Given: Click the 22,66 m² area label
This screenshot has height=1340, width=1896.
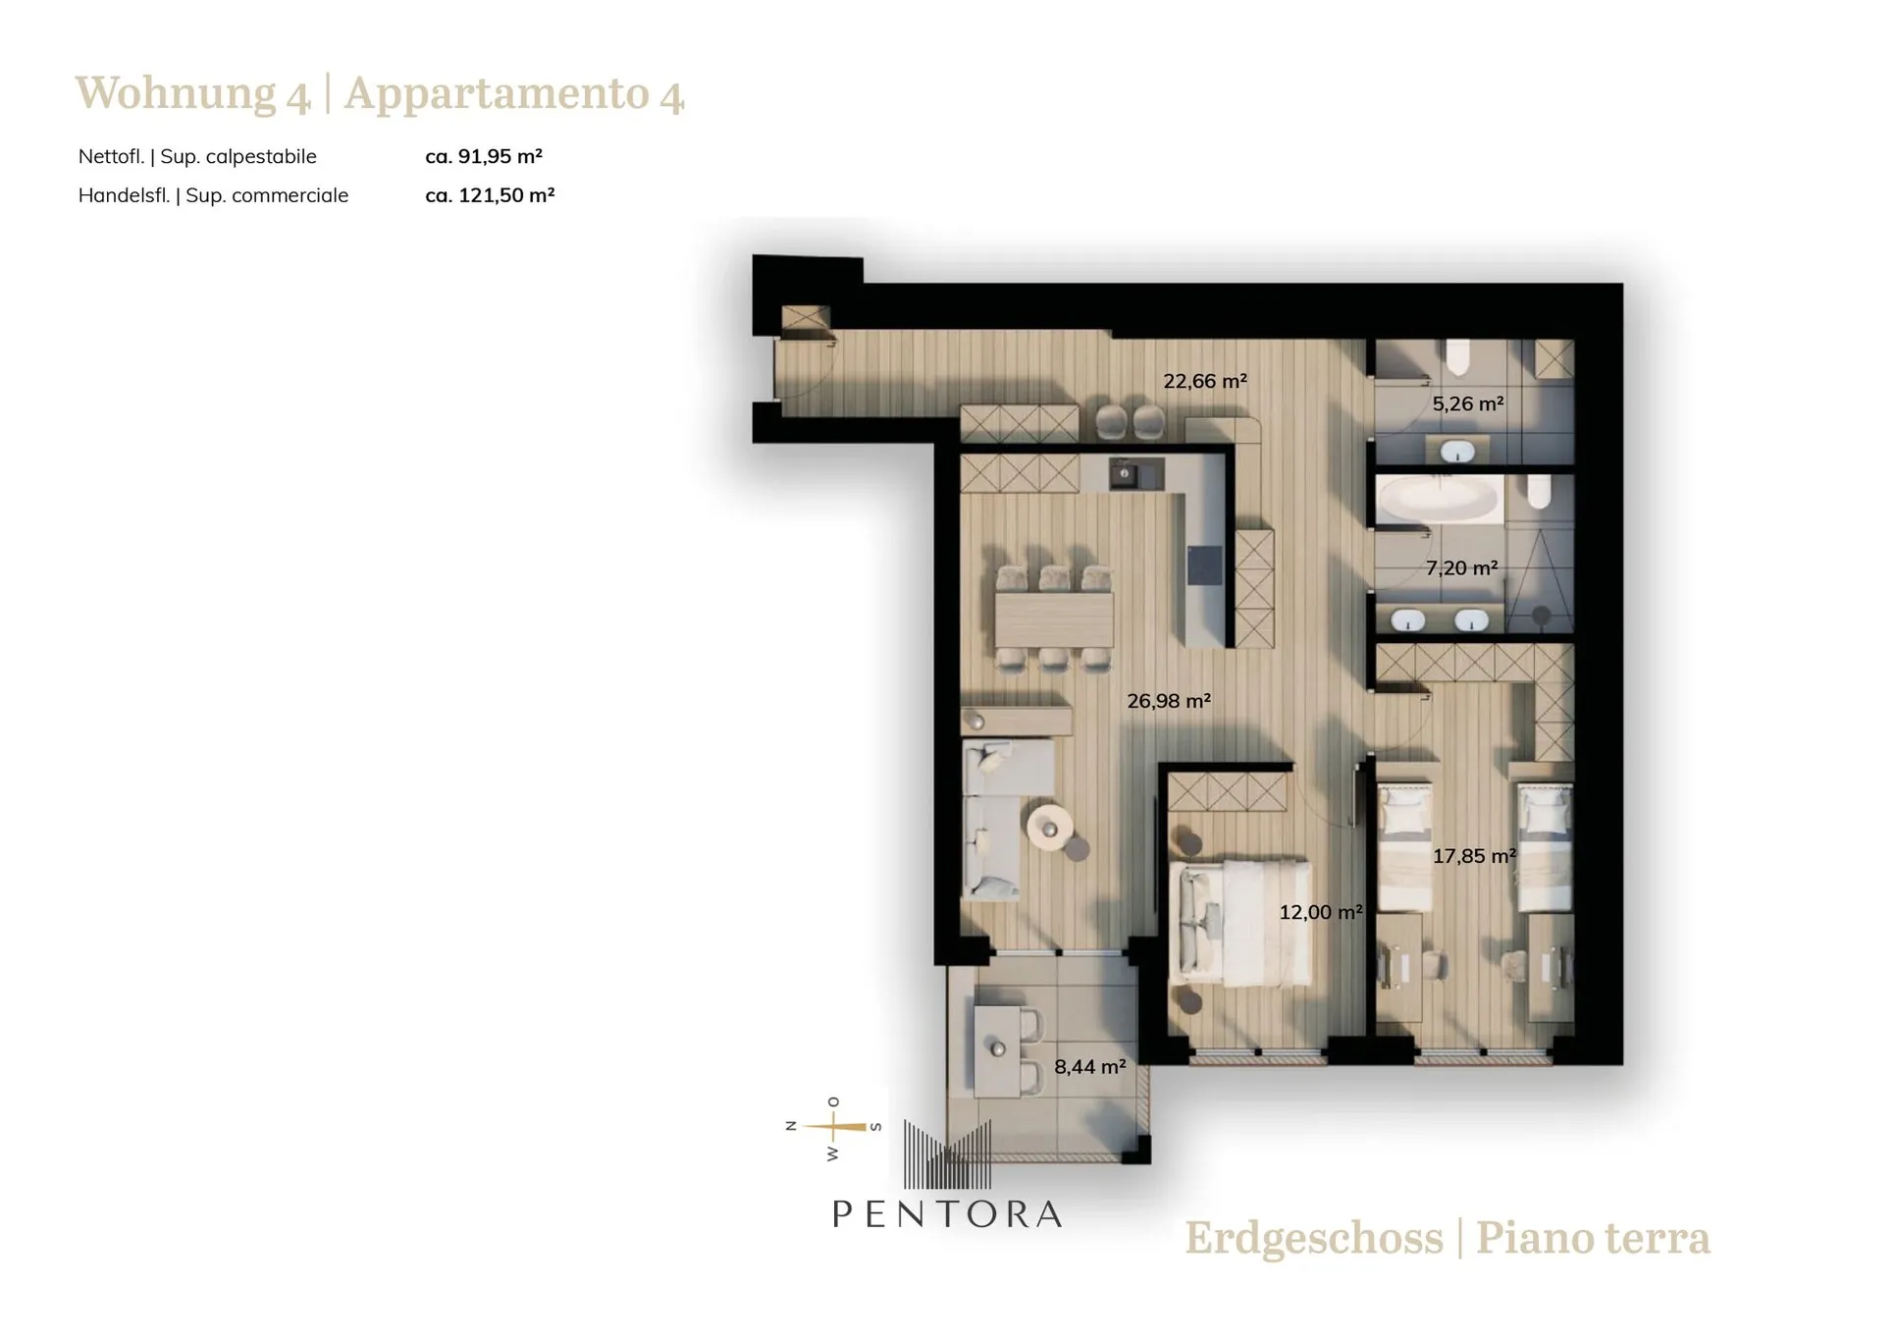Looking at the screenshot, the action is (x=1204, y=381).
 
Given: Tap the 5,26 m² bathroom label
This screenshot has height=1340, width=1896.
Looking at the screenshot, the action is (x=1467, y=403).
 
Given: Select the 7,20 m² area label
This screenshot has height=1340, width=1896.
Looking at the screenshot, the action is (x=1461, y=567).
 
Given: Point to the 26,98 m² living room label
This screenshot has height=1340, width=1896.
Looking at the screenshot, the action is (x=1168, y=701).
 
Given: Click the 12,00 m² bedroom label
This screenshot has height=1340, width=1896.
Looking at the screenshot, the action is (x=1320, y=912).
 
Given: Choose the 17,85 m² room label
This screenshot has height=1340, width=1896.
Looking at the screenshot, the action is (x=1474, y=856).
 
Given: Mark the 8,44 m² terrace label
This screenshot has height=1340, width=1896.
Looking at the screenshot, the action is (x=1089, y=1066).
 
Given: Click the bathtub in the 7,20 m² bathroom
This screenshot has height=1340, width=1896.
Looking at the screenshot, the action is (x=1438, y=499).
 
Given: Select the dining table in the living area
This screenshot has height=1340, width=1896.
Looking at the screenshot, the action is (x=1054, y=619).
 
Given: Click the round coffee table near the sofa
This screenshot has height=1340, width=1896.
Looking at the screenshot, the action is (x=1050, y=828).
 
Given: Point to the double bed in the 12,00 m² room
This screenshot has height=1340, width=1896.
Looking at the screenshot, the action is (x=1241, y=923).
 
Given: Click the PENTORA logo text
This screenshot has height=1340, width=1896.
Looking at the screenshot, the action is (x=947, y=1214).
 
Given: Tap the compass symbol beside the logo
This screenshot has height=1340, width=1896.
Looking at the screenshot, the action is (x=833, y=1128).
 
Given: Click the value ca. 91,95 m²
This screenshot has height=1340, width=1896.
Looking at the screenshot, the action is (x=484, y=156).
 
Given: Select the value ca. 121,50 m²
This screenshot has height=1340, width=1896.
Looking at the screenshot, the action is (x=490, y=195).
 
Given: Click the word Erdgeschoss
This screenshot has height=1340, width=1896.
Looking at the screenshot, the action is (x=1314, y=1239).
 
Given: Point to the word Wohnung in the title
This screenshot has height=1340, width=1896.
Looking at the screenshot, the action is (x=176, y=94).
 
